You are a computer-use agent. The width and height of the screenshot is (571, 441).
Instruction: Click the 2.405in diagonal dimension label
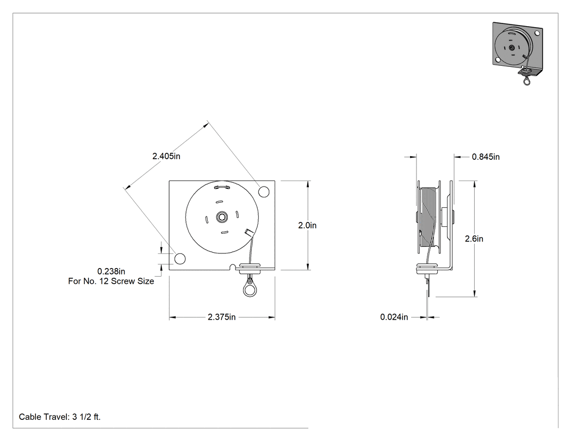(166, 156)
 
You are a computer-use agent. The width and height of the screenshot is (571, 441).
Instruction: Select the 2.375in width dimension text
(222, 317)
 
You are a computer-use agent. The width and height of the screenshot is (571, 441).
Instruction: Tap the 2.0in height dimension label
(307, 226)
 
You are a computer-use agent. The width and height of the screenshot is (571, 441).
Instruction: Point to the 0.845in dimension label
(486, 157)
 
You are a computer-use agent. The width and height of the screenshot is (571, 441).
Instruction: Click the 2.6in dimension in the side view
(474, 239)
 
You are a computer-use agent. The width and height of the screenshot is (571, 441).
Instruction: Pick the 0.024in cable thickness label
(394, 317)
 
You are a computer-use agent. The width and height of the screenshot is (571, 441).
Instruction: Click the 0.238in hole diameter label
(111, 271)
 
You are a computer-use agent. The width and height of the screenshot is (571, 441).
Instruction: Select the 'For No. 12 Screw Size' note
(111, 281)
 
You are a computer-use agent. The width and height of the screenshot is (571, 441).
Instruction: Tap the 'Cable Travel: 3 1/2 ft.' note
(60, 417)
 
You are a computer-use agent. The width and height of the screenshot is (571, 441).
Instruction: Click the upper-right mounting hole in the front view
(264, 191)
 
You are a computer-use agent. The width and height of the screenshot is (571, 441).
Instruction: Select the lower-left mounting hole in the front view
(180, 258)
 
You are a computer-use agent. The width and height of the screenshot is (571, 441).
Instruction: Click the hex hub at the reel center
(222, 218)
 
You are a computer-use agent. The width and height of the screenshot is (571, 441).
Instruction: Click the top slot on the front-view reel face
(221, 188)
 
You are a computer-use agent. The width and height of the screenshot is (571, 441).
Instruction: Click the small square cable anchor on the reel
(249, 232)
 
